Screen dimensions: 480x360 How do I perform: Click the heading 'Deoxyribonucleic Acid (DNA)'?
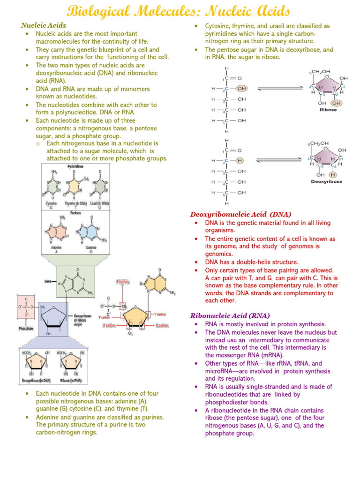pos(241,214)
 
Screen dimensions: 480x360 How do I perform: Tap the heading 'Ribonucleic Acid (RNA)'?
pos(230,315)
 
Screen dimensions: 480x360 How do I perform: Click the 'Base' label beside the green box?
pos(48,281)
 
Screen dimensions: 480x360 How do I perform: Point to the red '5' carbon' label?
pos(123,282)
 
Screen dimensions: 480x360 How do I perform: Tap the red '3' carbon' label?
pos(109,325)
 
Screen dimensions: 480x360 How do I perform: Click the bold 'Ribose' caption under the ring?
pos(328,110)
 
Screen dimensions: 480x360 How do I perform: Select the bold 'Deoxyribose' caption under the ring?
pos(327,181)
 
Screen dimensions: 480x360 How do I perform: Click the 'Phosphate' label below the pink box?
pos(26,329)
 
